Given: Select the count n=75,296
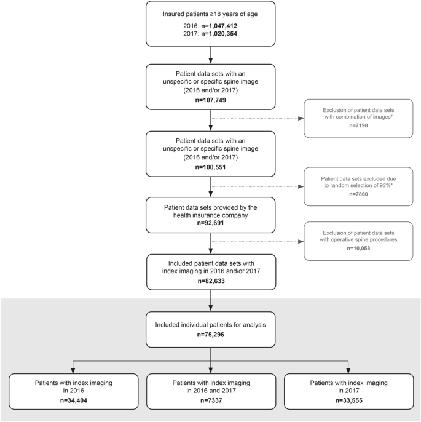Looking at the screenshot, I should pos(211,335).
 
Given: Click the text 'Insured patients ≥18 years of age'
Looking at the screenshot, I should pos(211,14).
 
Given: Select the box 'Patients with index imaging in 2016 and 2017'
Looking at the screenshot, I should pos(211,391).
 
